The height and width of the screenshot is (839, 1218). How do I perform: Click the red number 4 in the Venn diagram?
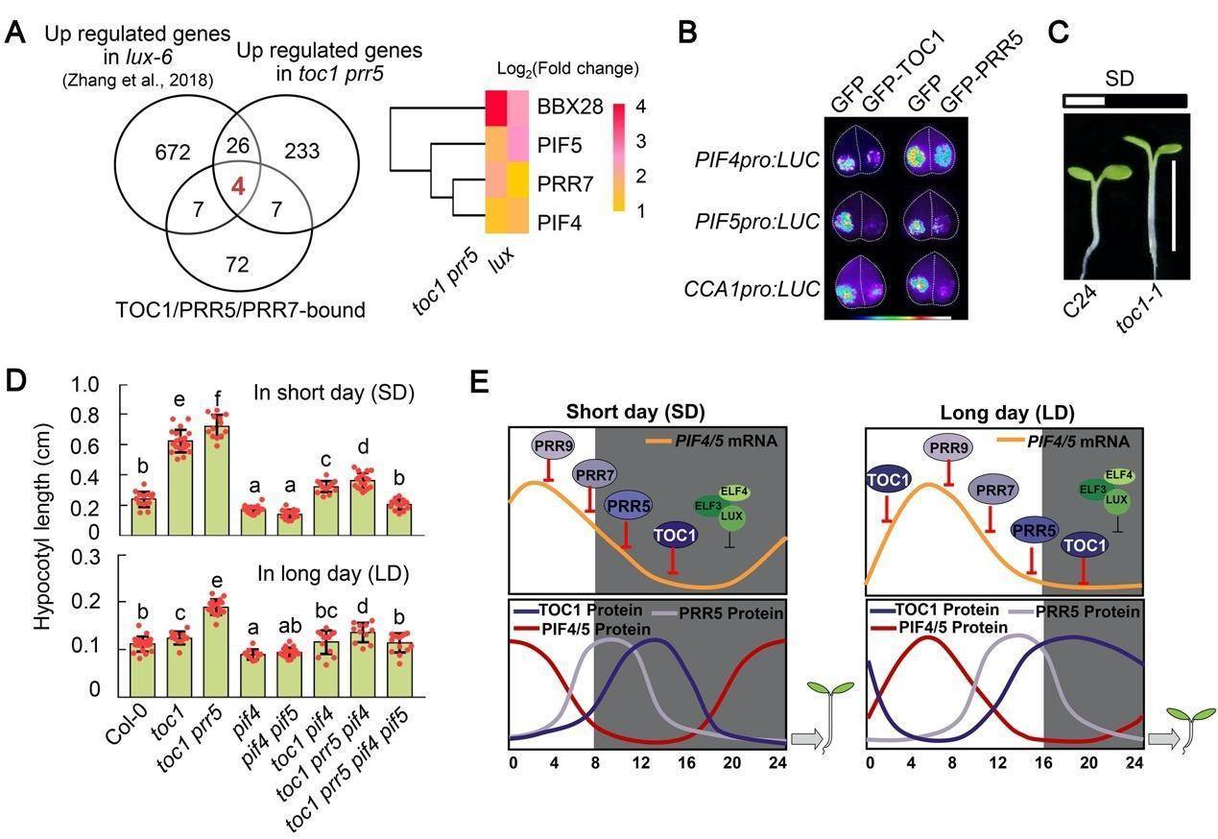[238, 186]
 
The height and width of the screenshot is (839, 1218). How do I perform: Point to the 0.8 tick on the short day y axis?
[89, 415]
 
